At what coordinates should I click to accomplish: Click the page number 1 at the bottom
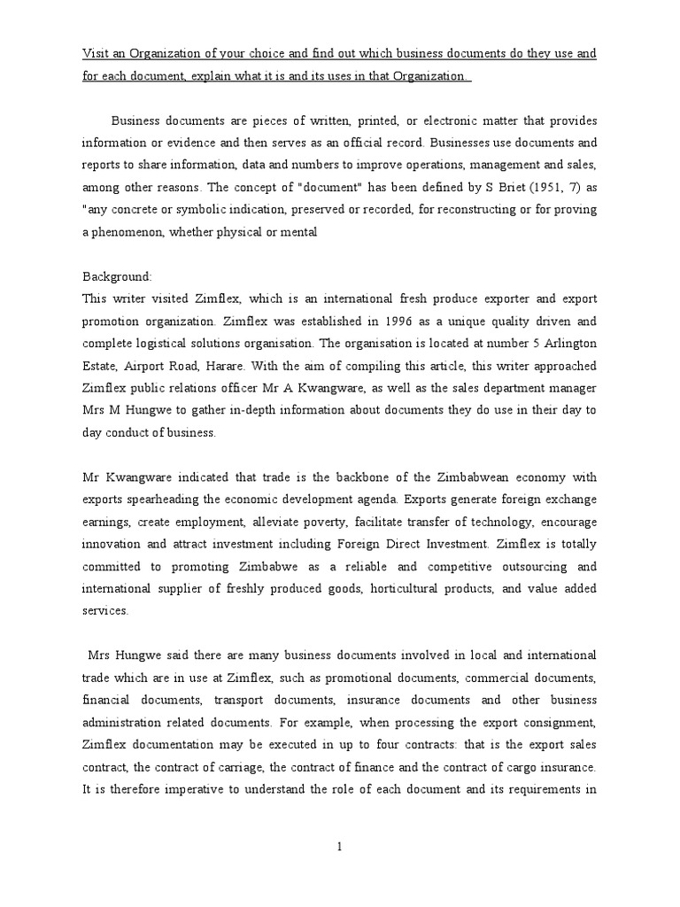click(339, 847)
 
